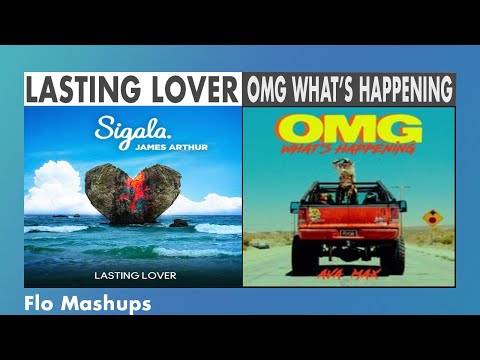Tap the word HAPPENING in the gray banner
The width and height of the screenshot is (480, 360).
click(x=400, y=90)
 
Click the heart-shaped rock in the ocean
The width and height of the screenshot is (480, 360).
click(x=132, y=196)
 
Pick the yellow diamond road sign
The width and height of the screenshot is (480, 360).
click(x=433, y=216)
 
